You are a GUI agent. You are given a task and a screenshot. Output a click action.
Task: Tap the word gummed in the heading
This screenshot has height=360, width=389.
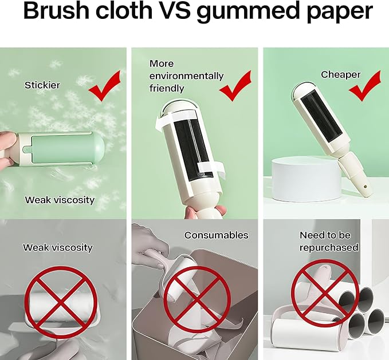246,12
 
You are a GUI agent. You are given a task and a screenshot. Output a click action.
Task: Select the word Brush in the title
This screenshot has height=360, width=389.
56,10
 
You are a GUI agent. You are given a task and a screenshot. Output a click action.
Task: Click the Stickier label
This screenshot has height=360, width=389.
42,85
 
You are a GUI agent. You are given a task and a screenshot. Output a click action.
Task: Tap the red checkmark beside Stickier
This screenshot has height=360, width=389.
105,86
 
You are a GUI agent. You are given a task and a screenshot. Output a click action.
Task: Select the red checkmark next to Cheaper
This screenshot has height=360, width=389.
365,86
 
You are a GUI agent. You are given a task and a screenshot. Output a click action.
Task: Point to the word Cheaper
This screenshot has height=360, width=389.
341,74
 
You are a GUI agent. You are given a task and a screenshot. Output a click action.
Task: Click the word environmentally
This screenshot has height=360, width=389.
186,76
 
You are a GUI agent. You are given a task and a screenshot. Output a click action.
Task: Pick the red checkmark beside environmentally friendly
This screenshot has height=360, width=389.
235,86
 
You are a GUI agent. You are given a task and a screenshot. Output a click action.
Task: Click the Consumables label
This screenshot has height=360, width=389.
216,235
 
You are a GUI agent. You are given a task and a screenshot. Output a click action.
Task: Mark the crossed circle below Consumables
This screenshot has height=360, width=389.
197,300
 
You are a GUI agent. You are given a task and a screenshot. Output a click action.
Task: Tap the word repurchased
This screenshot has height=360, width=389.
329,248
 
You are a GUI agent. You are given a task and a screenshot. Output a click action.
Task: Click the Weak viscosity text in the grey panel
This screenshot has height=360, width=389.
58,247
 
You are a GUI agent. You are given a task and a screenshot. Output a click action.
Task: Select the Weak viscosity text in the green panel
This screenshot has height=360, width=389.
60,200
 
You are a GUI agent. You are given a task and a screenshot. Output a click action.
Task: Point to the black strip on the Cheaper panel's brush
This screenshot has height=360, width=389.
320,116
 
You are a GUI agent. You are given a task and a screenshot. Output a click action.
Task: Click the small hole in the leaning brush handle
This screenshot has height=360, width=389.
365,185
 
